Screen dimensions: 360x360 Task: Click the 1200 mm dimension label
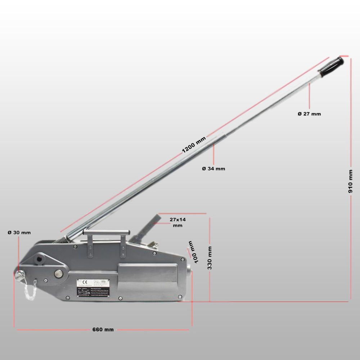[194, 145]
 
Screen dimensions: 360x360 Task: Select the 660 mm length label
[103, 330]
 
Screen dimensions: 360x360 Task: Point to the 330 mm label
[210, 258]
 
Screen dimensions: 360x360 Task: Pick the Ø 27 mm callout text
[309, 114]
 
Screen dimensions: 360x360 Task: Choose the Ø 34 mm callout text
[213, 168]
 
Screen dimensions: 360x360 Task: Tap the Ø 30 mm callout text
[19, 233]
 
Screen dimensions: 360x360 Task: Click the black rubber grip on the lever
[331, 66]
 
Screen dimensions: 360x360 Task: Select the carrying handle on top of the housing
[106, 233]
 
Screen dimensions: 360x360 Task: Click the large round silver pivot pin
[59, 274]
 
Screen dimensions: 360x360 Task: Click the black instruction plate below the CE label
[95, 292]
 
